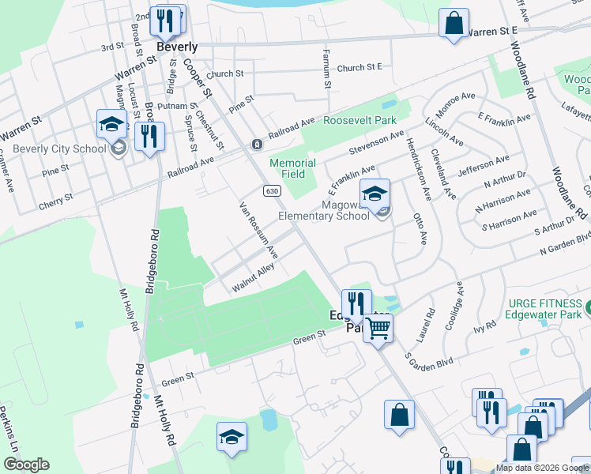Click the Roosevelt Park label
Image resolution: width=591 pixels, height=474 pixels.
pos(359,121)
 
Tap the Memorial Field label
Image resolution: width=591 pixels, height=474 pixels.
pos(292,169)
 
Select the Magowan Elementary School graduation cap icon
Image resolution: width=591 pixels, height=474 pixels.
pos(375,193)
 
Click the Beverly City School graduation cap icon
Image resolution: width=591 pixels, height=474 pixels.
pos(111,123)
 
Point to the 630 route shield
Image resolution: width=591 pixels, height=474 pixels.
pos(272,191)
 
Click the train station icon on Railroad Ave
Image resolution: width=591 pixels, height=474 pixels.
pos(257,144)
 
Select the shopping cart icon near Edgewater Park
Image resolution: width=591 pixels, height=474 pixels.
pos(378,327)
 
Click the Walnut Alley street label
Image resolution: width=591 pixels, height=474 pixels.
pos(253,278)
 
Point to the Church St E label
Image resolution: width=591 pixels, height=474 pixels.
pos(359,68)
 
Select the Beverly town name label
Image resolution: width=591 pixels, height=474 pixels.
pos(176,47)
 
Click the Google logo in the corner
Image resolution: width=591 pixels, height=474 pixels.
pos(26,465)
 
